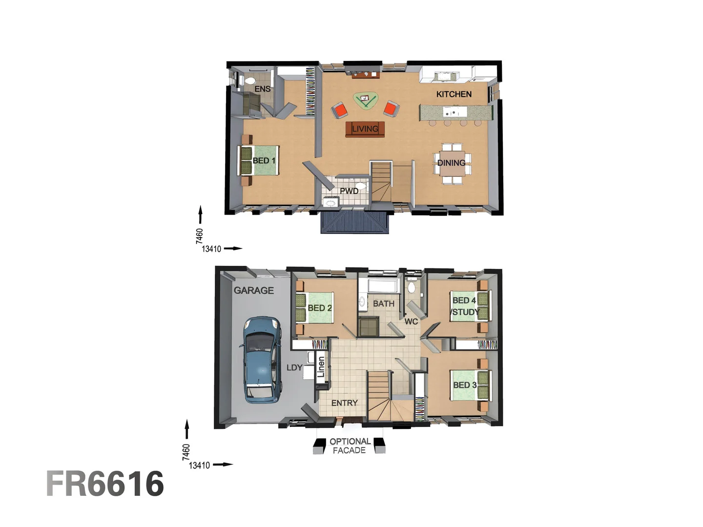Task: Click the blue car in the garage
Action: [262, 360]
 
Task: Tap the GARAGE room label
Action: [253, 290]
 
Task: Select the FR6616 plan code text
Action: [105, 484]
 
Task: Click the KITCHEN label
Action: [454, 94]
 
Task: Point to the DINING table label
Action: [451, 163]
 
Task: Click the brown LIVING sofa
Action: [365, 129]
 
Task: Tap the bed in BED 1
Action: [259, 161]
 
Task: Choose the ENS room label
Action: [262, 89]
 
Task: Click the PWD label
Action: [349, 191]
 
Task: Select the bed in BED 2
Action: [314, 307]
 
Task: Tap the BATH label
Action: [383, 304]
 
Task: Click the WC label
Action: [411, 322]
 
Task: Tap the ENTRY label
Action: [344, 403]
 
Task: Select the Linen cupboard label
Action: [321, 367]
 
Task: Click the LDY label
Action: [294, 367]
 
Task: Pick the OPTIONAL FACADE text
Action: [350, 446]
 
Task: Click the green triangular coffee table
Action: [365, 101]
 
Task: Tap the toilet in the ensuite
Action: [249, 80]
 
